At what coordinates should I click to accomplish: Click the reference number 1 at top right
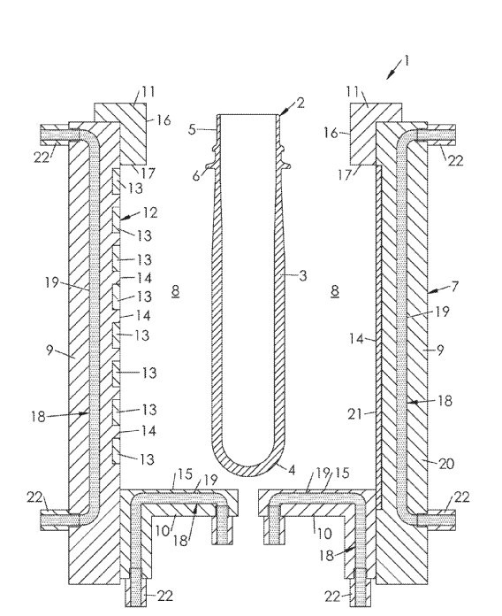(407, 60)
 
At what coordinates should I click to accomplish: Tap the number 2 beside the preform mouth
(300, 103)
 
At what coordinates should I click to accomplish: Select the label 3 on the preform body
(302, 275)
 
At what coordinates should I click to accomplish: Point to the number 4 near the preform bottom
(292, 469)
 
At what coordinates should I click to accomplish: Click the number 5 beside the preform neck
(192, 129)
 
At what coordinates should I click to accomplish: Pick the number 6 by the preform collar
(196, 175)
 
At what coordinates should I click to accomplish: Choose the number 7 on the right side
(454, 286)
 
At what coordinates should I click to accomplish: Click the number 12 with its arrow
(150, 212)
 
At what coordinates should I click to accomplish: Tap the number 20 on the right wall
(446, 464)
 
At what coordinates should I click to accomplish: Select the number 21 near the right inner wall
(354, 413)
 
